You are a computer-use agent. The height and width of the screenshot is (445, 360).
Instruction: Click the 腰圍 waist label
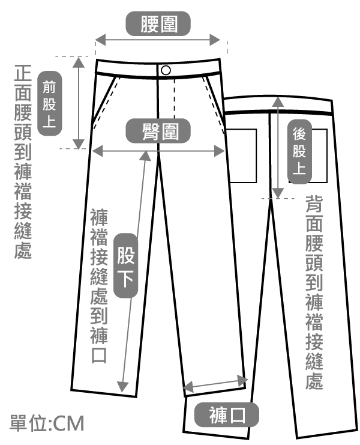click(x=158, y=25)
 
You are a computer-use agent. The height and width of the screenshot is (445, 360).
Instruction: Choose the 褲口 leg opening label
click(x=227, y=416)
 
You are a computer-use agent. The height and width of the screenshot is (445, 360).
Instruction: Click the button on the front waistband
click(x=166, y=70)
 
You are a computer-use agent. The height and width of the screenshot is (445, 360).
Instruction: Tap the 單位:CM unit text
click(x=46, y=422)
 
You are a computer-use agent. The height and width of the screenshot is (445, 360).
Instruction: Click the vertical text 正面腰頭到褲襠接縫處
click(x=22, y=162)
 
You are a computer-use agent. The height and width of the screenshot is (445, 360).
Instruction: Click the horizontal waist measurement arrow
click(x=159, y=40)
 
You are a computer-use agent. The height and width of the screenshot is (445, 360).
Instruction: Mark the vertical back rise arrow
click(x=277, y=148)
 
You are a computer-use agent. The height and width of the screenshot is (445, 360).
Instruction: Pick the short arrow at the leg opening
click(x=217, y=383)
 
